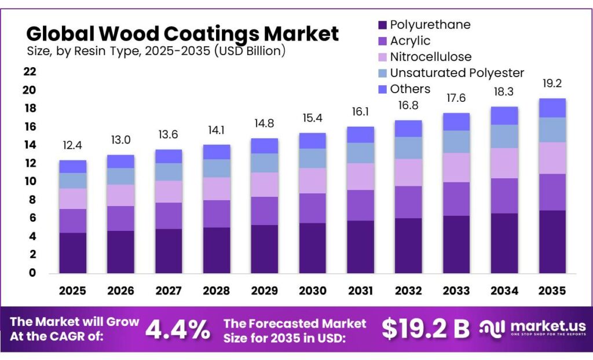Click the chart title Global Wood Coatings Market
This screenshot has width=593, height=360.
pos(182,33)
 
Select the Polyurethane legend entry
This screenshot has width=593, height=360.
pos(430,25)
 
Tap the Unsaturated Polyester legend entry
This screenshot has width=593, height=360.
pos(456,73)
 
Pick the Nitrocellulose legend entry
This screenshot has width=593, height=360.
pos(430,57)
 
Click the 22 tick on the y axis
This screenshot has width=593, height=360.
pos(30,72)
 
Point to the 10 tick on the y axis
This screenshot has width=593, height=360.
pos(30,182)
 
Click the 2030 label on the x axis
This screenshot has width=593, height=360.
pos(312,291)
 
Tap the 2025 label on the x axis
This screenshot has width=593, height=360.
pos(72,291)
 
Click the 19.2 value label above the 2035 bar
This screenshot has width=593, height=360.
pos(552,83)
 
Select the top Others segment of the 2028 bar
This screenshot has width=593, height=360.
pos(217,152)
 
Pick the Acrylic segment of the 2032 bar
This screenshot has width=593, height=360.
pos(408,202)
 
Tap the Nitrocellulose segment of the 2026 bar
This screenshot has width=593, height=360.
pos(120,195)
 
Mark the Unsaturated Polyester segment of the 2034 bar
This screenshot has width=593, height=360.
pos(504,137)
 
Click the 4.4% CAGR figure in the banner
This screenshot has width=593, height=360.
pos(177,329)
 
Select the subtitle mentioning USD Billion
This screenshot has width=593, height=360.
pos(156,51)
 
